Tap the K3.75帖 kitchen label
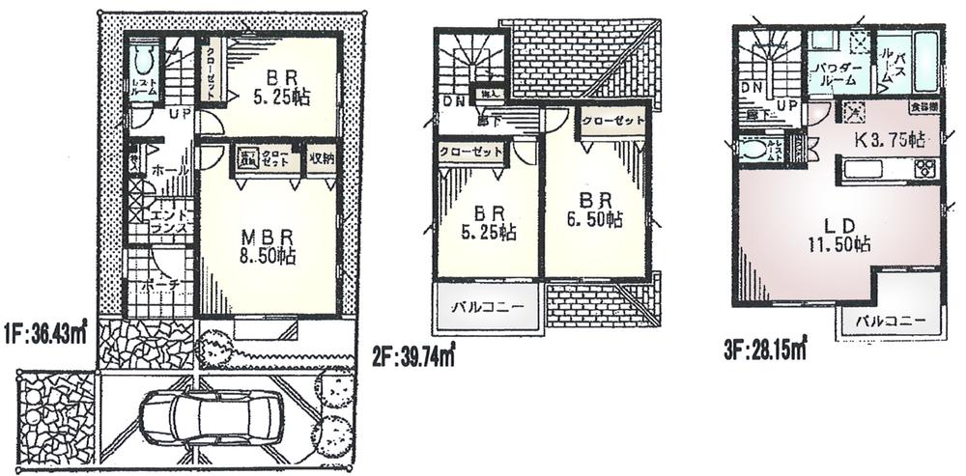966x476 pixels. click(885, 139)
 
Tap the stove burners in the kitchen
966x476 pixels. click(923, 170)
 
